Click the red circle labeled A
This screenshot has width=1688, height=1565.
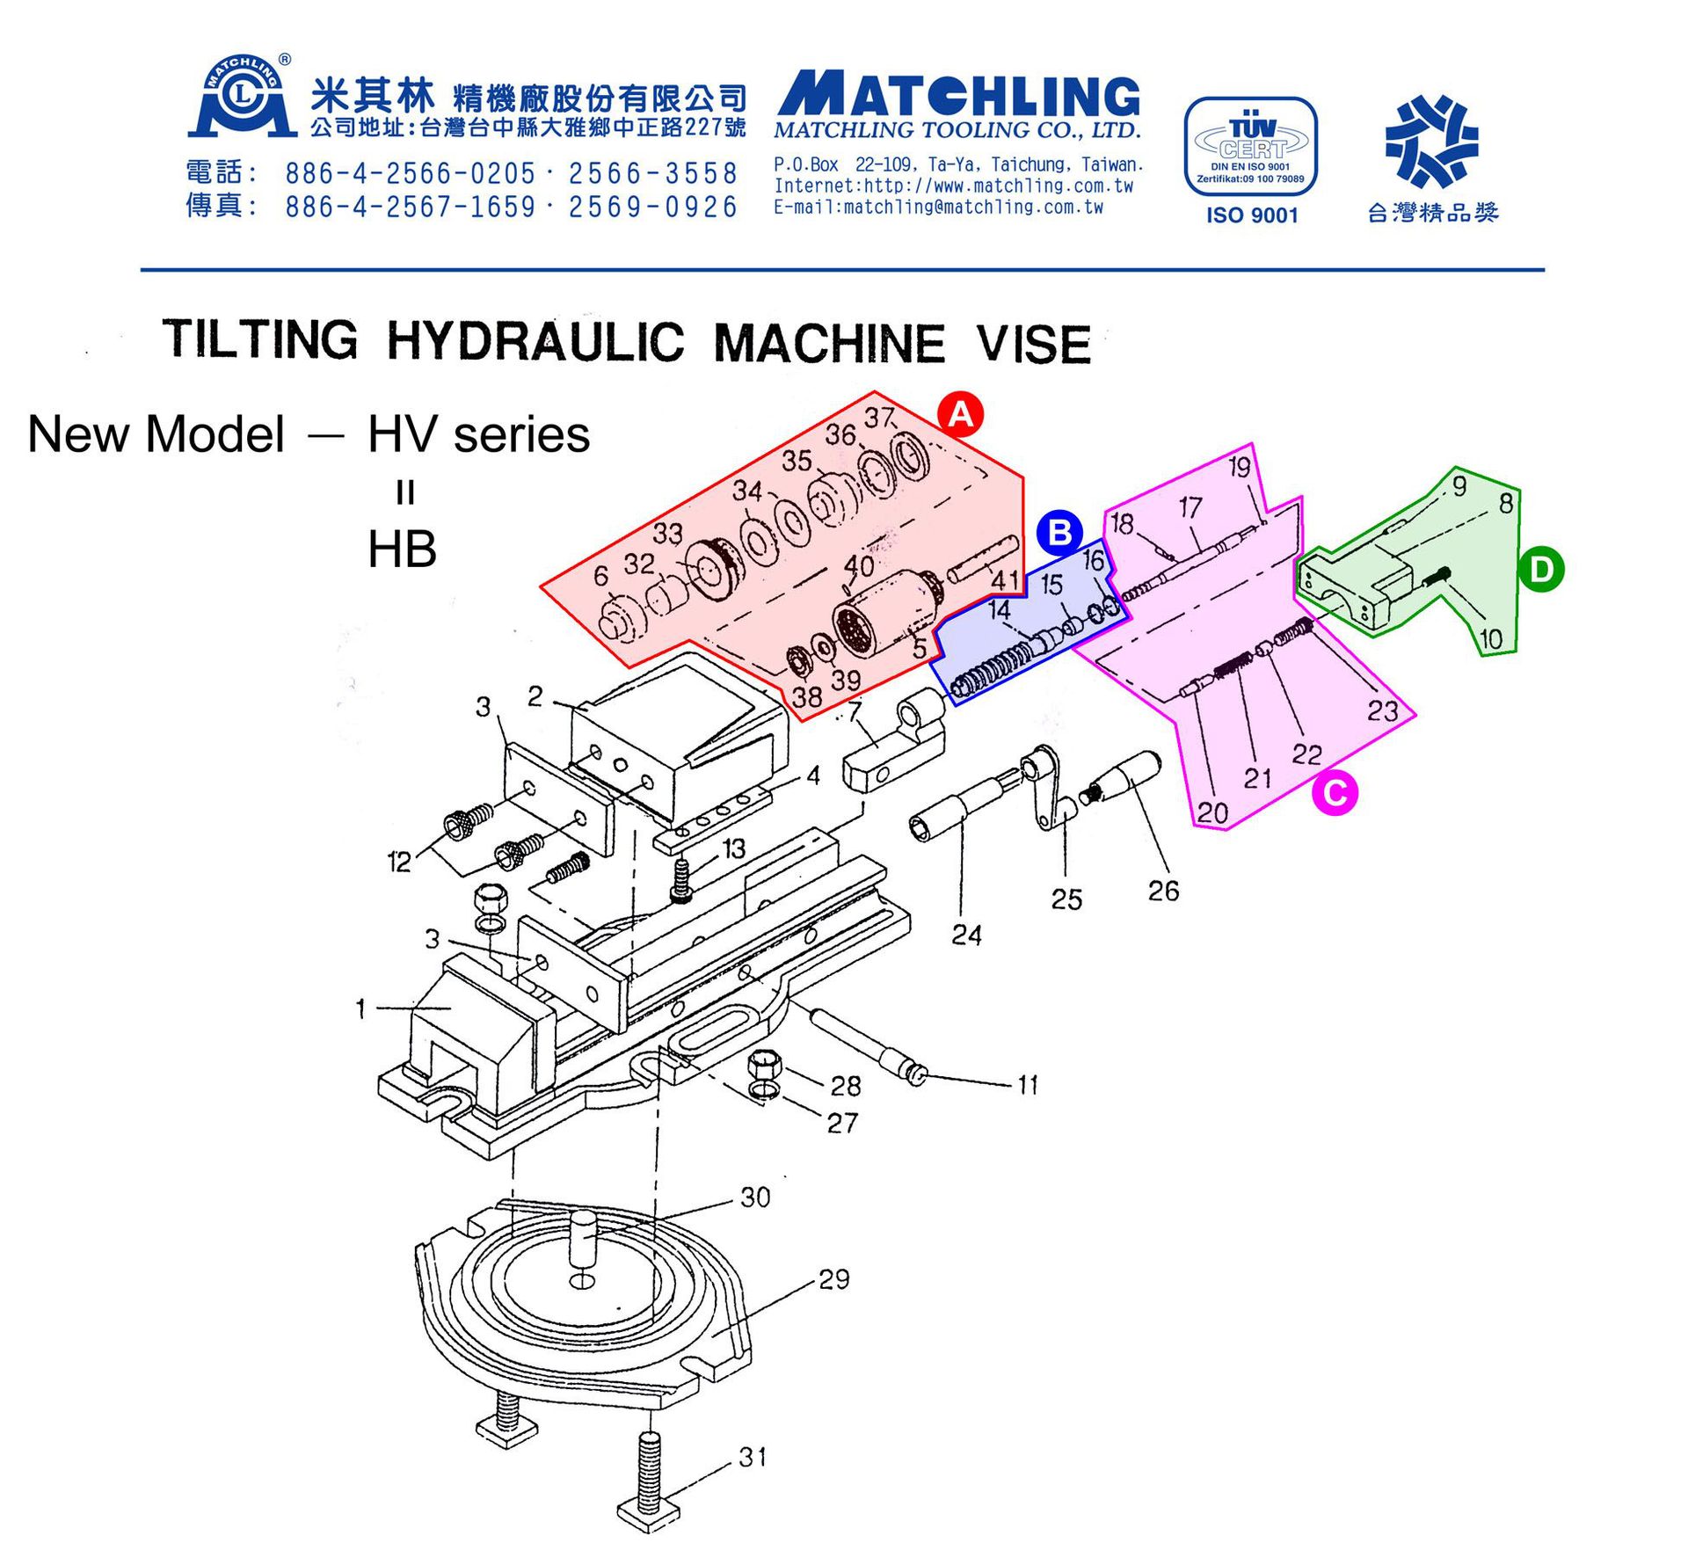click(960, 413)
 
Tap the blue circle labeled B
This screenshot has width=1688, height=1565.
click(1059, 532)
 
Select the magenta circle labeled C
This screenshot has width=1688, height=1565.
click(1335, 793)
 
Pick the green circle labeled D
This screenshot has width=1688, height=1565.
click(1541, 570)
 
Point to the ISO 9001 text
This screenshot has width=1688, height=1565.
click(1251, 215)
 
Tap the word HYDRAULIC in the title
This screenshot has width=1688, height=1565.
click(535, 340)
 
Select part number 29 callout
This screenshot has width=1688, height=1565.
click(833, 1279)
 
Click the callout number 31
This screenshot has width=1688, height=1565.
click(753, 1457)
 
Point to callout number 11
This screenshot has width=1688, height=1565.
click(1028, 1085)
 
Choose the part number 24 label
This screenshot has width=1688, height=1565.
click(966, 934)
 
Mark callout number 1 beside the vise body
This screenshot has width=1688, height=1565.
click(360, 1008)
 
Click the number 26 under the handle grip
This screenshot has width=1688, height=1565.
click(1163, 891)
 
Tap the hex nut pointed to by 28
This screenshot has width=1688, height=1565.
click(763, 1066)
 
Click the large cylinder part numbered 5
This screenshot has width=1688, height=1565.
click(879, 615)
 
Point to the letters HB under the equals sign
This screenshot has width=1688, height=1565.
click(402, 550)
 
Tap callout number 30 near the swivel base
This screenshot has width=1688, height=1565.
click(755, 1197)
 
